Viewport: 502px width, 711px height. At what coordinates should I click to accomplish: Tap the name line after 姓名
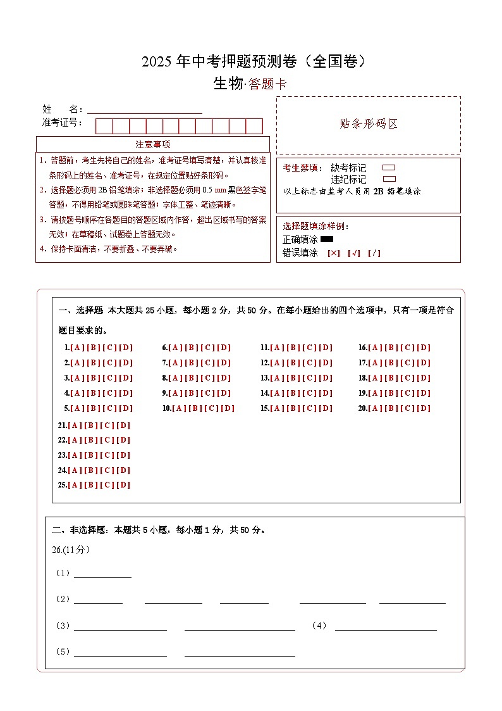[x=145, y=110]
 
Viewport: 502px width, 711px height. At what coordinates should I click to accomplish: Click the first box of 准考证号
[x=104, y=126]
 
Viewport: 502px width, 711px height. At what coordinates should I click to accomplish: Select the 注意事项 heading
[x=153, y=144]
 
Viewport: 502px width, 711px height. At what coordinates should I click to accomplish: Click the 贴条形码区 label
[x=369, y=124]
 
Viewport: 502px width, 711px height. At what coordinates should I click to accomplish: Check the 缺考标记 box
[x=389, y=168]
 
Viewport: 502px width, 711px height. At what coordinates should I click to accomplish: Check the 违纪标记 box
[x=389, y=179]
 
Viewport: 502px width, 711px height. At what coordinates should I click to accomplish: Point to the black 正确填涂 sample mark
[x=327, y=239]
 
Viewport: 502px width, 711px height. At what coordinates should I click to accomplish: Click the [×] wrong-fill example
[x=334, y=253]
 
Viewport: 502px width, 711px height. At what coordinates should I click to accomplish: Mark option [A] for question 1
[x=77, y=348]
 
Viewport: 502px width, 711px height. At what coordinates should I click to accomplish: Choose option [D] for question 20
[x=424, y=408]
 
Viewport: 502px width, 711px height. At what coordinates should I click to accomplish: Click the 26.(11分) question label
[x=71, y=550]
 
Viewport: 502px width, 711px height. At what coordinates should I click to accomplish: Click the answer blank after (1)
[x=102, y=574]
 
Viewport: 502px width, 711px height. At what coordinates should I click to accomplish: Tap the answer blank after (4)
[x=386, y=626]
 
